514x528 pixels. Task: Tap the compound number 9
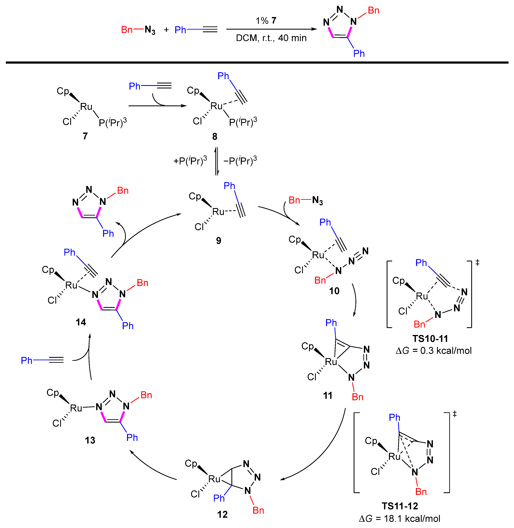(219, 241)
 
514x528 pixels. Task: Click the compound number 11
(328, 396)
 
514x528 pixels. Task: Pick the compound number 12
(222, 514)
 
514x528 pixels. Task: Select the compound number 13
(90, 440)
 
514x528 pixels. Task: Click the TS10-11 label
(430, 339)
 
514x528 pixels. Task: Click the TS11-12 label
(400, 506)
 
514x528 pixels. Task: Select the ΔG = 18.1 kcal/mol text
(400, 519)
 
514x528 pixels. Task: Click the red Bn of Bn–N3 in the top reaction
(127, 30)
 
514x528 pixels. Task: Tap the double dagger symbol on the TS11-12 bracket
(455, 414)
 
